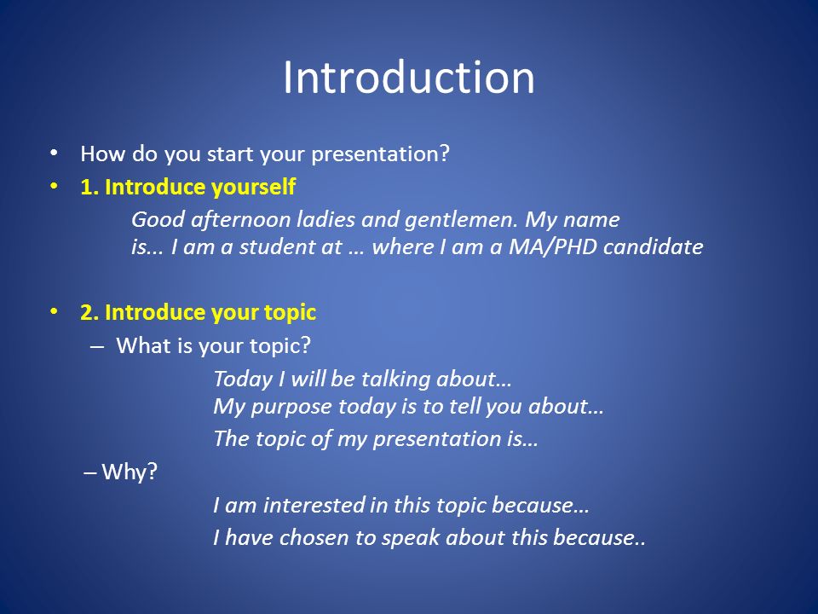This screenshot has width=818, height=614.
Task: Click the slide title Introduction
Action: click(x=409, y=78)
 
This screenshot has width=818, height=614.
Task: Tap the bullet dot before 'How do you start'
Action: click(x=54, y=153)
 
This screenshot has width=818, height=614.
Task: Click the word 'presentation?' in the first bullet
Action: click(x=380, y=154)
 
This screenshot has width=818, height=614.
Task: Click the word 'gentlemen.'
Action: click(x=461, y=220)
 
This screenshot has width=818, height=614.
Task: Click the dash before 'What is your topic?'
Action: click(x=97, y=346)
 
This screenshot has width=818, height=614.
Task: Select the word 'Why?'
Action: click(x=130, y=472)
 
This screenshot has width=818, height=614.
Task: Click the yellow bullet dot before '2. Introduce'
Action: click(x=54, y=312)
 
